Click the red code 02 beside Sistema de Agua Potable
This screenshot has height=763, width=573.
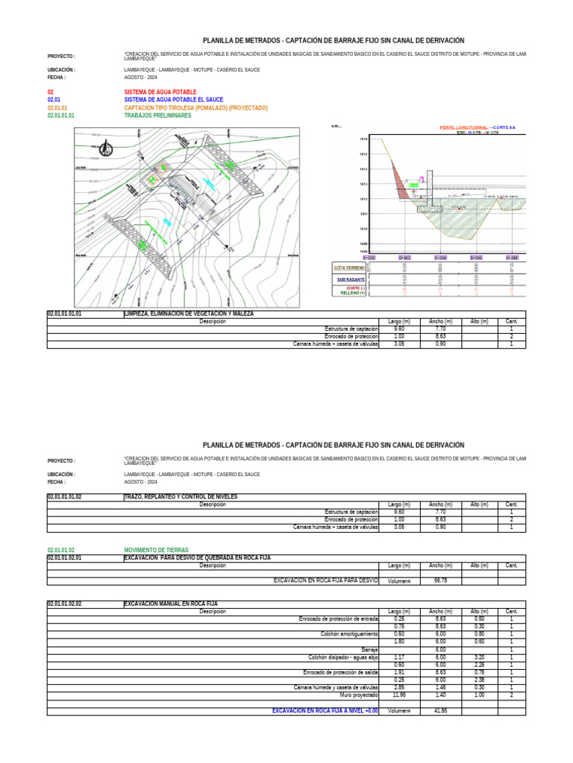click(50, 92)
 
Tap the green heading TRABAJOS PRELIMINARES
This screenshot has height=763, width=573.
click(157, 116)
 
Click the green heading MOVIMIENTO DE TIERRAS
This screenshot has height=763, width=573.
click(156, 548)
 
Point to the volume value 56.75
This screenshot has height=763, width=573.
click(441, 580)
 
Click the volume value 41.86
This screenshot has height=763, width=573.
click(440, 711)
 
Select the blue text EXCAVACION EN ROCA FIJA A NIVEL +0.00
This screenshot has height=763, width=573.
click(325, 711)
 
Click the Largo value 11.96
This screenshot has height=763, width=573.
click(399, 694)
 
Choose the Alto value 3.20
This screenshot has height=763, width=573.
click(479, 657)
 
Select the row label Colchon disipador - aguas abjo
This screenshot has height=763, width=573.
click(343, 657)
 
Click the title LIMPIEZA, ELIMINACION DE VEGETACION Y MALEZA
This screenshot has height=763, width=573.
click(189, 314)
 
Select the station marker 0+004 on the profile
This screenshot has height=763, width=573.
click(440, 257)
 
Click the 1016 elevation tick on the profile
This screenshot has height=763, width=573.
click(363, 139)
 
